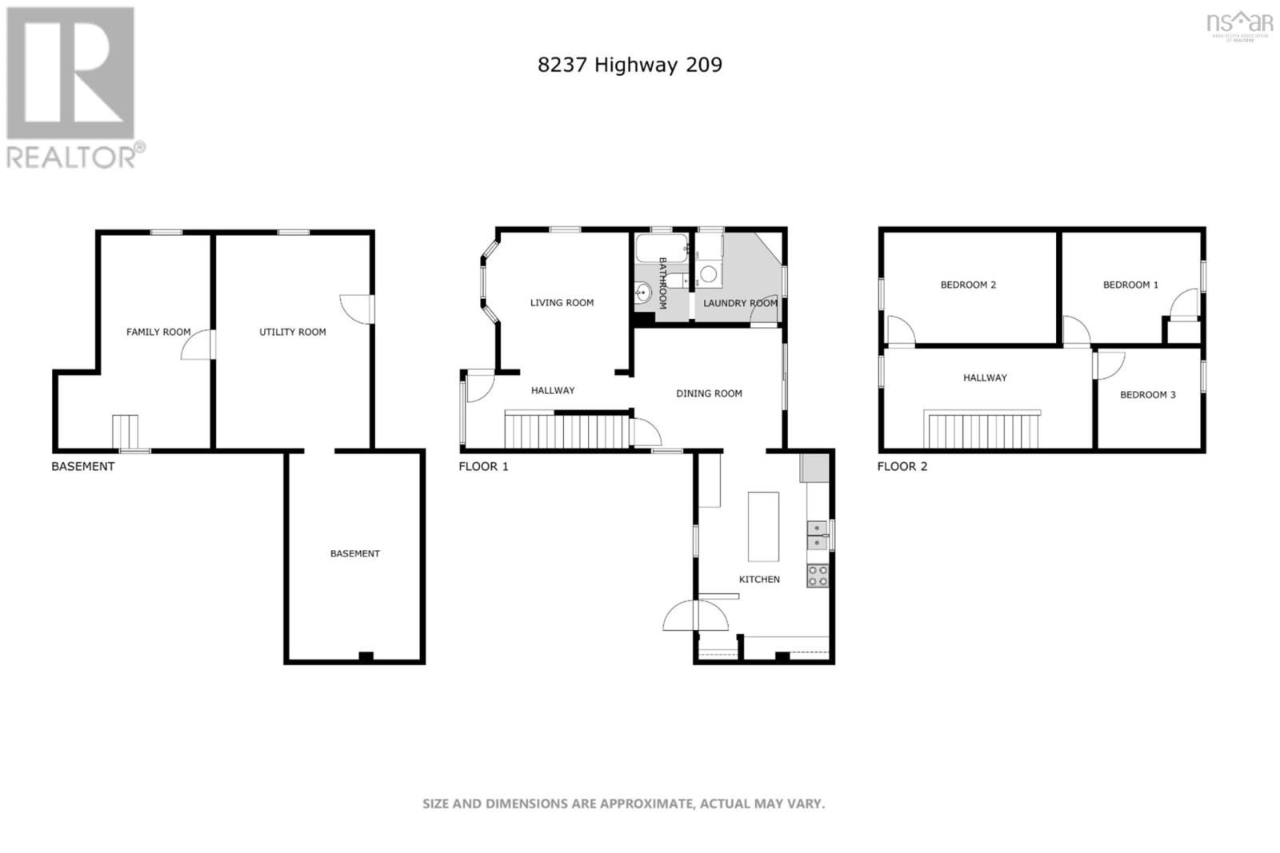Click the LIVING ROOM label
(x=562, y=302)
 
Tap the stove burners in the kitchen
(x=817, y=576)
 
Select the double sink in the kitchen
(x=817, y=535)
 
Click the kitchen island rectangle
(x=763, y=527)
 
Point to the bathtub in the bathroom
(x=662, y=248)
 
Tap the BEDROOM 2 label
(x=968, y=285)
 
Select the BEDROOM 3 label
(x=1147, y=394)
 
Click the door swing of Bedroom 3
(x=1109, y=365)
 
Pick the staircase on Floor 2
(x=983, y=429)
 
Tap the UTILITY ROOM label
(x=292, y=332)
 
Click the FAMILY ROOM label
(x=158, y=332)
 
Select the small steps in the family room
(x=125, y=432)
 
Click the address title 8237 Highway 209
(x=630, y=65)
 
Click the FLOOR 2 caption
(x=902, y=466)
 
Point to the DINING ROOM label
(x=709, y=393)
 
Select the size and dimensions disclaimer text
(x=623, y=803)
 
